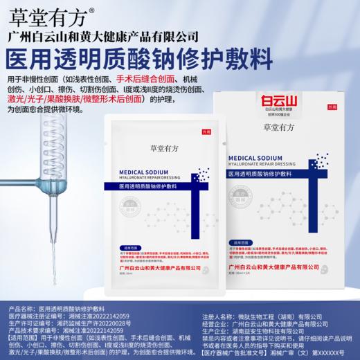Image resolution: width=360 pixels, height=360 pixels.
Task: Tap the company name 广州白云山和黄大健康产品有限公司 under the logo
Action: pyautogui.click(x=111, y=36)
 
